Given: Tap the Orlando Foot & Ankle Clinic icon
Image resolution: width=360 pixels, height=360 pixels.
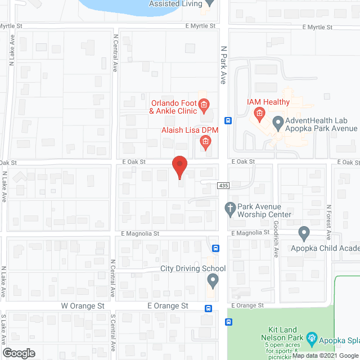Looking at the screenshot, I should coord(204,104).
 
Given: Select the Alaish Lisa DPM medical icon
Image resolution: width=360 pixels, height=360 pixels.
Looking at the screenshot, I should coord(205,142).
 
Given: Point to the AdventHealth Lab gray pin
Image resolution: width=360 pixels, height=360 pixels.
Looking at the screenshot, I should coord(277,121).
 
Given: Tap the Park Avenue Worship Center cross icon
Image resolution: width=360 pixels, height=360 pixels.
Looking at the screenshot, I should coord(229,208).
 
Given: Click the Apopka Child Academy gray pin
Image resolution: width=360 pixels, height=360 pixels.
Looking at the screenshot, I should coord(304,232).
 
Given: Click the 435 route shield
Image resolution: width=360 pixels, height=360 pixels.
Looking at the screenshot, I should coord(223,185).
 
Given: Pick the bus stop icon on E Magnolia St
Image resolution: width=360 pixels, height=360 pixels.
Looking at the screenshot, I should coord(215,248).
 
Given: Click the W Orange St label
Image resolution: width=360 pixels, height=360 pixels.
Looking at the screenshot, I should coord(83,306).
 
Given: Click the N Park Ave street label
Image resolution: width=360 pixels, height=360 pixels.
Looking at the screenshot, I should coord(223,65).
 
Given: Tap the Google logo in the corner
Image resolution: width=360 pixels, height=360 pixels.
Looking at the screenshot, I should coord(18,353).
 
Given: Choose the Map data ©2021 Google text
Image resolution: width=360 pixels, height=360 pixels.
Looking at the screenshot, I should coord(325,355).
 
